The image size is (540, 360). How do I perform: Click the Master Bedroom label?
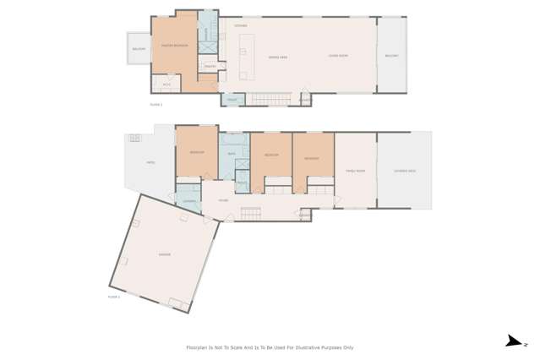[174, 46]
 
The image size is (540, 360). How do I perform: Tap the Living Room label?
[338, 56]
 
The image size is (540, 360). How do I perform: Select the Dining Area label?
[277, 57]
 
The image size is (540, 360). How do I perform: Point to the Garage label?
[164, 254]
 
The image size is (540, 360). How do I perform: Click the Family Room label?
[355, 171]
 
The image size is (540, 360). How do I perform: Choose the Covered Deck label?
[404, 171]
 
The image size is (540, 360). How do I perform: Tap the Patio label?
[150, 162]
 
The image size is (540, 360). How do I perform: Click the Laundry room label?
[189, 200]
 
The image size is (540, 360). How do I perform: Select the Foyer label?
[223, 200]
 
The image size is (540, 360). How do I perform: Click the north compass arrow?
[514, 341]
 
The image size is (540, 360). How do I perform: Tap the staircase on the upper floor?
[271, 100]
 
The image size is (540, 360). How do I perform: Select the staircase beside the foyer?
[251, 214]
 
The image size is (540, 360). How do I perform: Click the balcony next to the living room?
[391, 56]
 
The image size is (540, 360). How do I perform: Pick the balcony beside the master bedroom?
[139, 49]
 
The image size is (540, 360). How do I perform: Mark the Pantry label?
[209, 66]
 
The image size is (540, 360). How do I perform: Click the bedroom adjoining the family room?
[313, 158]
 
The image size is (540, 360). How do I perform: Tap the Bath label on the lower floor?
[231, 154]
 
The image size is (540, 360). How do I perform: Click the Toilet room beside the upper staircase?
[232, 100]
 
